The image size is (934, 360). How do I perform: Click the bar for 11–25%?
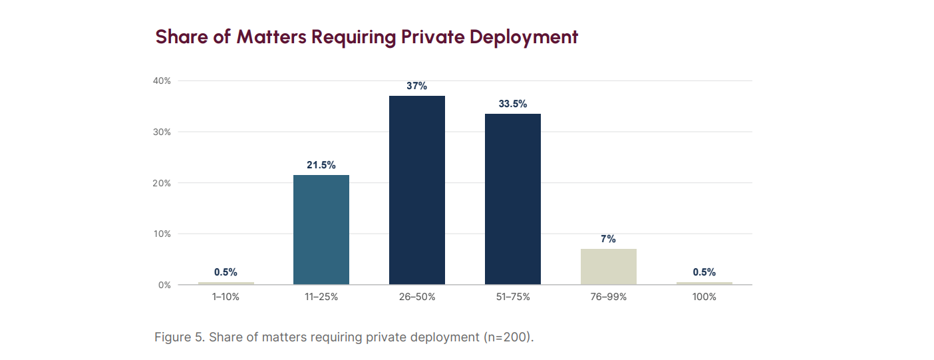[321, 230]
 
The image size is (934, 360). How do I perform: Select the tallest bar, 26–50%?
[417, 190]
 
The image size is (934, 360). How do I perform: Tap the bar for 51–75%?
[513, 200]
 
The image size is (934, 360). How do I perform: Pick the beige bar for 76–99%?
[608, 267]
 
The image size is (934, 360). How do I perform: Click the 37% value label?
[417, 86]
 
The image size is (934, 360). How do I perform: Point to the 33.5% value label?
[513, 104]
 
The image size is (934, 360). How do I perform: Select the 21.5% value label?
[321, 165]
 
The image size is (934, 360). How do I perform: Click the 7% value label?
[608, 239]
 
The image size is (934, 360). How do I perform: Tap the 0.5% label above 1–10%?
[226, 272]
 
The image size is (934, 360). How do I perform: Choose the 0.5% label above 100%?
[704, 272]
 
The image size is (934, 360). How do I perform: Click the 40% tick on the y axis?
[162, 81]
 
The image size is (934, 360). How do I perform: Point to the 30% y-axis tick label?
[162, 132]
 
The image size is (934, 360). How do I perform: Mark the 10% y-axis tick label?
[162, 234]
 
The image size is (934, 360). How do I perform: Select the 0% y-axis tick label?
[165, 285]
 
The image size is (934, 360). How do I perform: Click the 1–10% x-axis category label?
[226, 297]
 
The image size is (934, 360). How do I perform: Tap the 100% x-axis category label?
[704, 297]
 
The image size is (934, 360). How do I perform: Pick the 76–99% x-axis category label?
[608, 297]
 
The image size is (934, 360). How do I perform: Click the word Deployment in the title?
[524, 37]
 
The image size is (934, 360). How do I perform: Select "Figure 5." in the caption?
[180, 337]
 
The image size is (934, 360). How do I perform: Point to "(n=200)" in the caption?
[509, 337]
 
